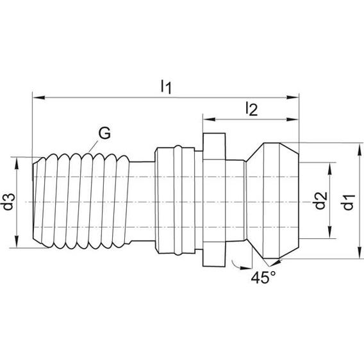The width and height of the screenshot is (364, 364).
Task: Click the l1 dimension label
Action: tap(166, 87)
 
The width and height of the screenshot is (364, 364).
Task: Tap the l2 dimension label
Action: tap(252, 109)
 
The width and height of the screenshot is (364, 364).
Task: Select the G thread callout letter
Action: tap(104, 133)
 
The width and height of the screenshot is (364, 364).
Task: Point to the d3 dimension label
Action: tap(9, 202)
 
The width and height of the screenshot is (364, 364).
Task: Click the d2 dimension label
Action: tap(320, 201)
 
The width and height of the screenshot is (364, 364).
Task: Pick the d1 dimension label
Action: tap(348, 202)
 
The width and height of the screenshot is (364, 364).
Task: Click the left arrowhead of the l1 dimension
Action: tap(39, 98)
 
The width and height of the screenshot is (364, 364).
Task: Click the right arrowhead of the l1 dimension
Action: tap(292, 97)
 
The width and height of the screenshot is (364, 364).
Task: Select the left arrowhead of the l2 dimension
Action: tap(209, 119)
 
